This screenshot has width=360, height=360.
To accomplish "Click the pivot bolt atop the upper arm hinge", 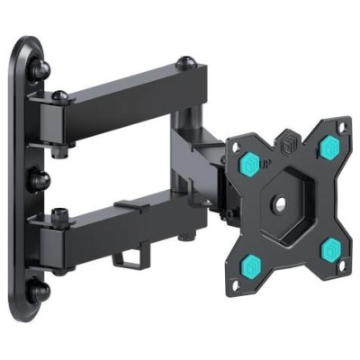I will coord(58,94).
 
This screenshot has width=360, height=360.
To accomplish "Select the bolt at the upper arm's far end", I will coord(184,65).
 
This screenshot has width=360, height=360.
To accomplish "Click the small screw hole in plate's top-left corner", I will coord(231,142).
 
